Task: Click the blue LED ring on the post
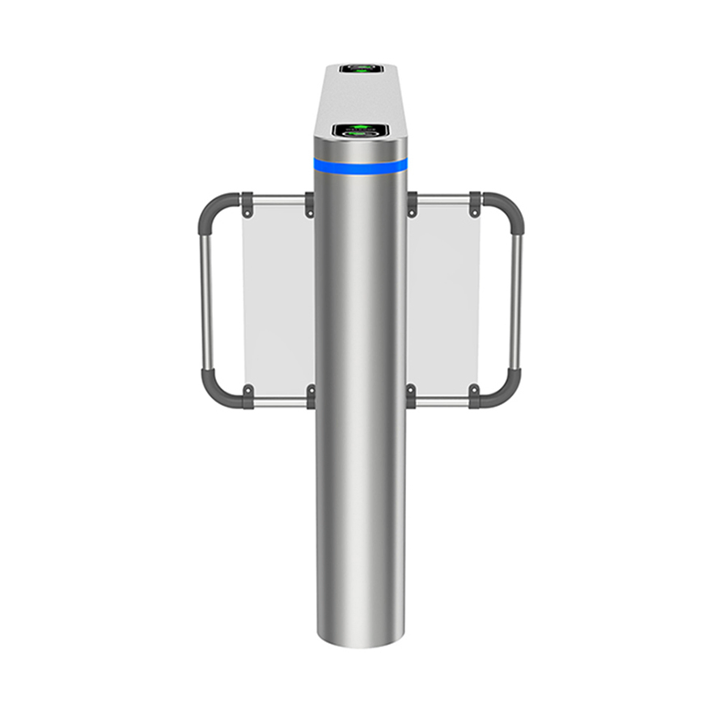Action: pos(361,166)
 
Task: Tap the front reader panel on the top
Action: pos(361,129)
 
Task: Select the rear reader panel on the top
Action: pos(361,69)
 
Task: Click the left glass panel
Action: pos(277,299)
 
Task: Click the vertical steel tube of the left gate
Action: pos(205,299)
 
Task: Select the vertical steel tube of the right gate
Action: pos(516,299)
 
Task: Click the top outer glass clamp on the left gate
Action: pos(248,204)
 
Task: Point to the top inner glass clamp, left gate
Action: pos(309,204)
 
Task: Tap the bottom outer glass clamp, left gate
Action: pos(248,396)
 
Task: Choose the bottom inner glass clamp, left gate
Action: pos(309,396)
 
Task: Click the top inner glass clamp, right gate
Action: pos(412,204)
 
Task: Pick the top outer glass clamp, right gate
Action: pos(475,204)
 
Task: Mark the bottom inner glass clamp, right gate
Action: pos(412,396)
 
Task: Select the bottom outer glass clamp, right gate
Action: pos(475,396)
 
